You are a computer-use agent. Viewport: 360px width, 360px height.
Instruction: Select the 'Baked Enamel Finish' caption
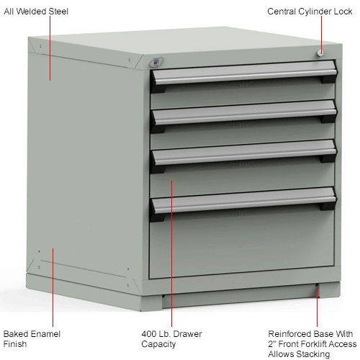point(32,340)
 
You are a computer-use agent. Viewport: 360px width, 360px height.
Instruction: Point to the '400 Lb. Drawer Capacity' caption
point(172,340)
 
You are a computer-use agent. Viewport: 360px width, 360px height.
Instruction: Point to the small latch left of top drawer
point(162,61)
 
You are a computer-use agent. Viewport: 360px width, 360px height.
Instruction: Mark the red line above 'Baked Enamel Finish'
point(53,288)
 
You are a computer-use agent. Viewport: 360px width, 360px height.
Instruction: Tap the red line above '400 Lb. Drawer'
point(171,252)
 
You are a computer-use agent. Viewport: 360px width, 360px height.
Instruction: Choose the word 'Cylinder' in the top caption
point(315,12)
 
